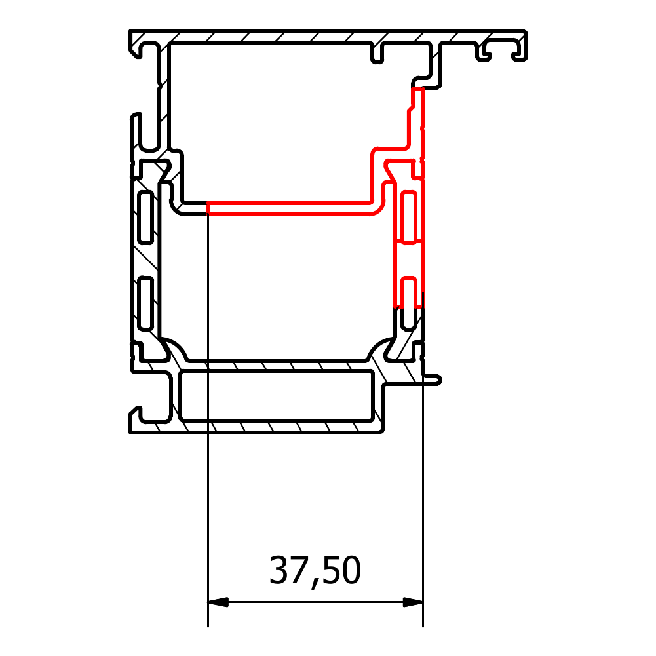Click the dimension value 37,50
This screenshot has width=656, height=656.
315,571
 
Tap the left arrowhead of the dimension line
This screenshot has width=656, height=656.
218,602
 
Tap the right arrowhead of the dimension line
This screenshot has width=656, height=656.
413,602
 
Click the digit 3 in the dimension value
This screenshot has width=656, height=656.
279,569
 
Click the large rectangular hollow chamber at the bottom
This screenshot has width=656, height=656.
277,395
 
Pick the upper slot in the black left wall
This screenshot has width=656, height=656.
145,217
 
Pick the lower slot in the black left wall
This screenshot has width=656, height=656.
145,303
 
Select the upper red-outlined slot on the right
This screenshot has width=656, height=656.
409,217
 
